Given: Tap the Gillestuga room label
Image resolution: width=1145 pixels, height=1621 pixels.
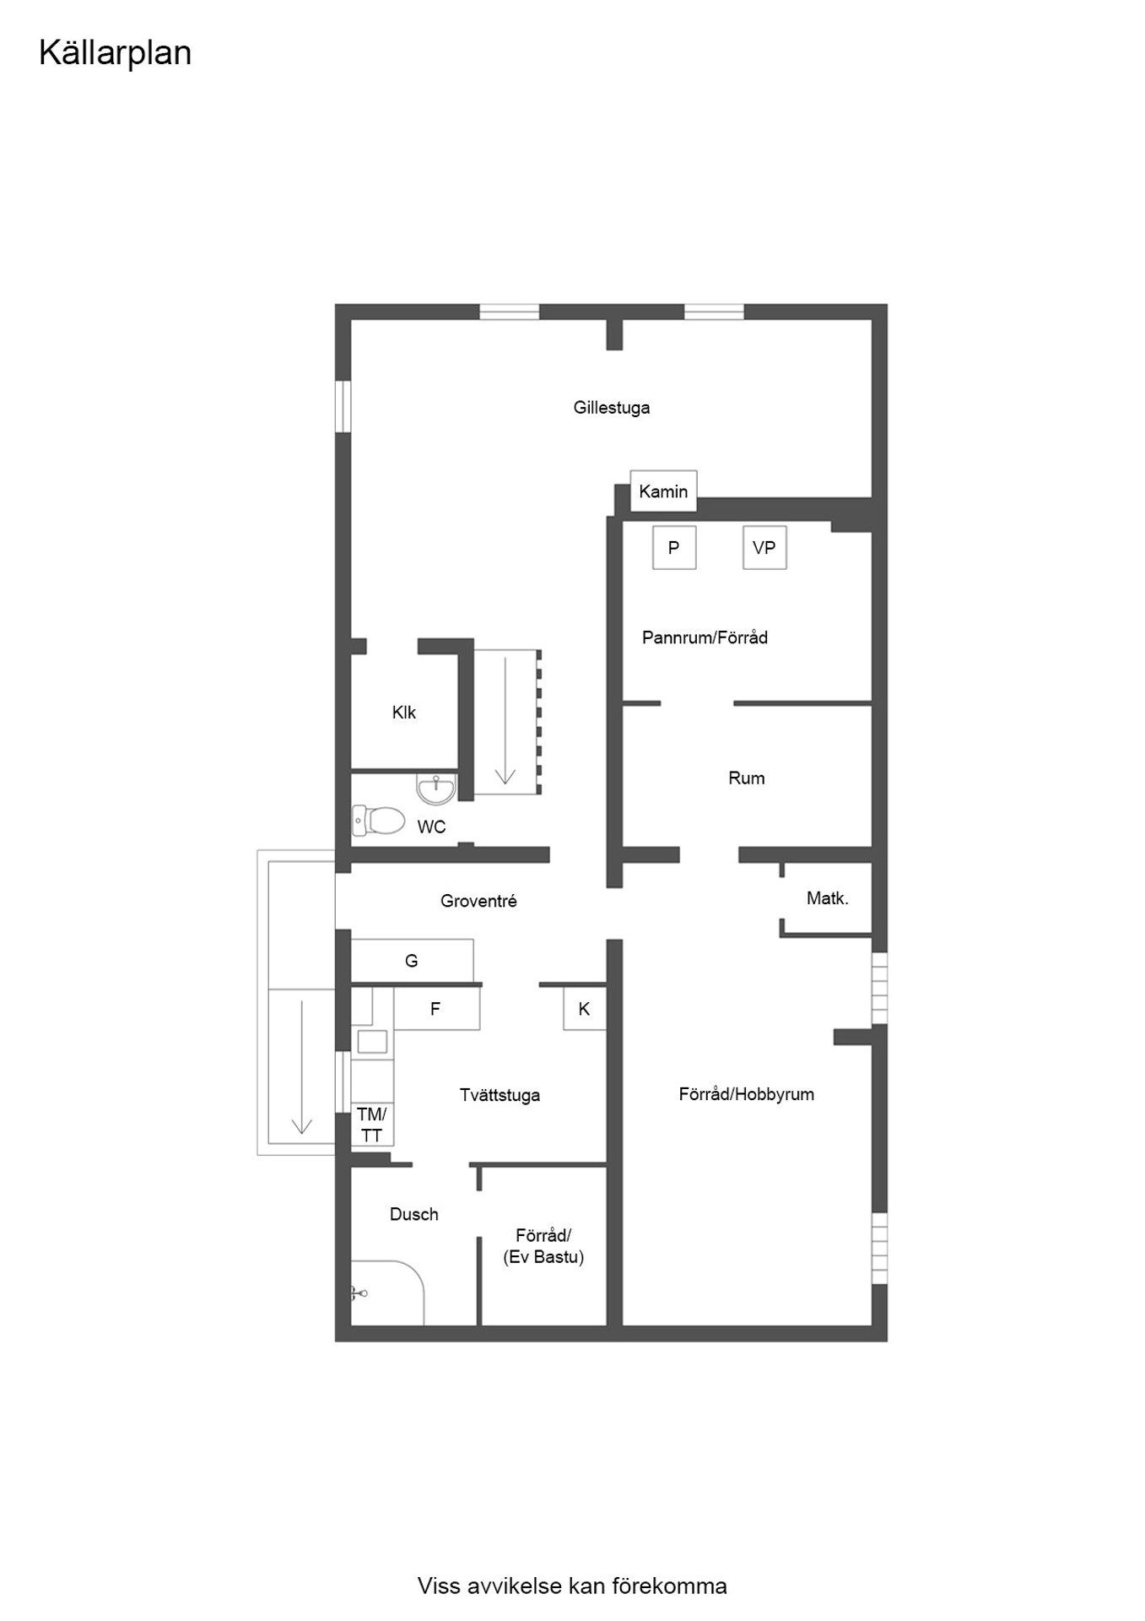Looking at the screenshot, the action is [x=612, y=408].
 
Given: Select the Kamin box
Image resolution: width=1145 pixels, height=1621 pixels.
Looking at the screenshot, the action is [x=663, y=491].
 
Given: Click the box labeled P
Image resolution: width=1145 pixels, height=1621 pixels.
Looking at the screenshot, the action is [x=674, y=548].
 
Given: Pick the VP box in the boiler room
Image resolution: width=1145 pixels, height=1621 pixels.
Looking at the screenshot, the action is [x=764, y=548].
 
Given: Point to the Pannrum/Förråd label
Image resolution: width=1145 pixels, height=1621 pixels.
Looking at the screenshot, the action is [x=705, y=637].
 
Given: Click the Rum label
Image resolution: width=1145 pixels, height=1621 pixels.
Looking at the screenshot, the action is [x=747, y=778].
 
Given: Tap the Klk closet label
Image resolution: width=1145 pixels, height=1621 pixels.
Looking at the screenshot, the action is [x=404, y=713].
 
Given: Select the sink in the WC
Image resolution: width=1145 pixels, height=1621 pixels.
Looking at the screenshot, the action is [x=436, y=789].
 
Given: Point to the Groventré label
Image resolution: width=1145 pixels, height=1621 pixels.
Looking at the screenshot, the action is [x=478, y=901].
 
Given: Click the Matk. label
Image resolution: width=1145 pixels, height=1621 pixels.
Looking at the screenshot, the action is [x=828, y=898].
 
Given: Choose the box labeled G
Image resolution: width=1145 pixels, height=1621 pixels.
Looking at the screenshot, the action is [x=412, y=961].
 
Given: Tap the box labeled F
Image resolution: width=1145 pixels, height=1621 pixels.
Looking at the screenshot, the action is [x=436, y=1008].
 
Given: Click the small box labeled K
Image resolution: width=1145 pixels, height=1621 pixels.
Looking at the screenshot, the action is [x=585, y=1008].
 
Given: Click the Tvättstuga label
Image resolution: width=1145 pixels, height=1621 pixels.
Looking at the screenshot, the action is [x=500, y=1095].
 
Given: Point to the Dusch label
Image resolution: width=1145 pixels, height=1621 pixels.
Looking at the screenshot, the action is [x=414, y=1214].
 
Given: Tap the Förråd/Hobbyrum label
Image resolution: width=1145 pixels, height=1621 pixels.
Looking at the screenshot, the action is [x=747, y=1094].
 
